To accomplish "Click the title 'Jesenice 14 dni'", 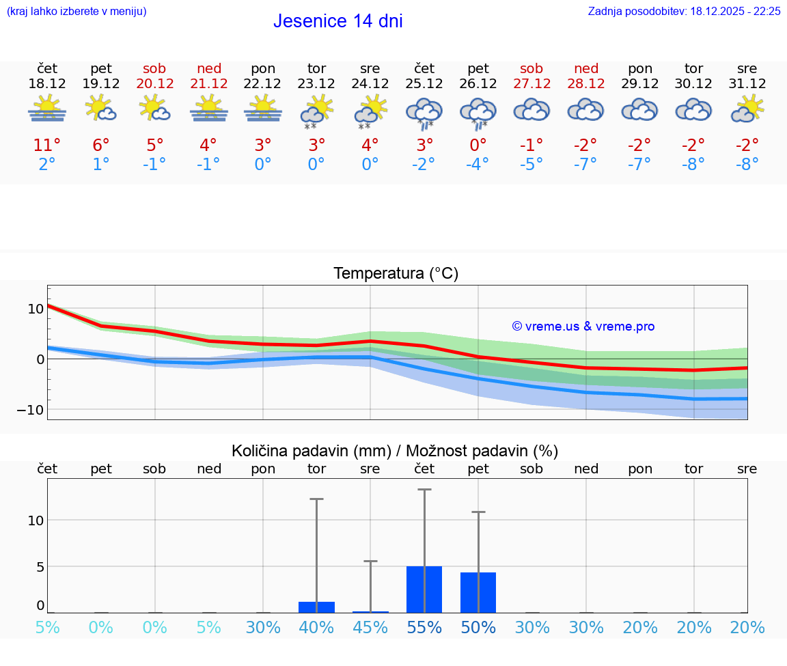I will click(x=337, y=21).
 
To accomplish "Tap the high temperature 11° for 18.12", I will click(x=47, y=145).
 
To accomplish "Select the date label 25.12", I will click(x=424, y=83).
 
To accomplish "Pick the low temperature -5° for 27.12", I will click(x=531, y=165).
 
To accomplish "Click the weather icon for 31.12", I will click(x=747, y=109).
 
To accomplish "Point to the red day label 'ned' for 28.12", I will click(x=585, y=68).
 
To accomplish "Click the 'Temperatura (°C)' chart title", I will click(x=396, y=273).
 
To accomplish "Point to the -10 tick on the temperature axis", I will click(x=35, y=409).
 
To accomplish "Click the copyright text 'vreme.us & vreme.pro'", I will click(x=583, y=327).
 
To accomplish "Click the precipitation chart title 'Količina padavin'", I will click(x=395, y=451).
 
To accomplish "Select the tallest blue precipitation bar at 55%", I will click(x=424, y=589).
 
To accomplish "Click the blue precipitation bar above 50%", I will click(x=478, y=592).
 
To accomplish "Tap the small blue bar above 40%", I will click(x=316, y=607).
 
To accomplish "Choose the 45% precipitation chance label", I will click(x=370, y=627).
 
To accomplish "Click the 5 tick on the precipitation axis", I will click(x=40, y=566).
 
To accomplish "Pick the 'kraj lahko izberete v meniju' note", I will click(x=77, y=12).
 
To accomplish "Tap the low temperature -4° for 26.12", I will click(x=478, y=165).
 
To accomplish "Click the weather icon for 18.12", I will click(x=47, y=109).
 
